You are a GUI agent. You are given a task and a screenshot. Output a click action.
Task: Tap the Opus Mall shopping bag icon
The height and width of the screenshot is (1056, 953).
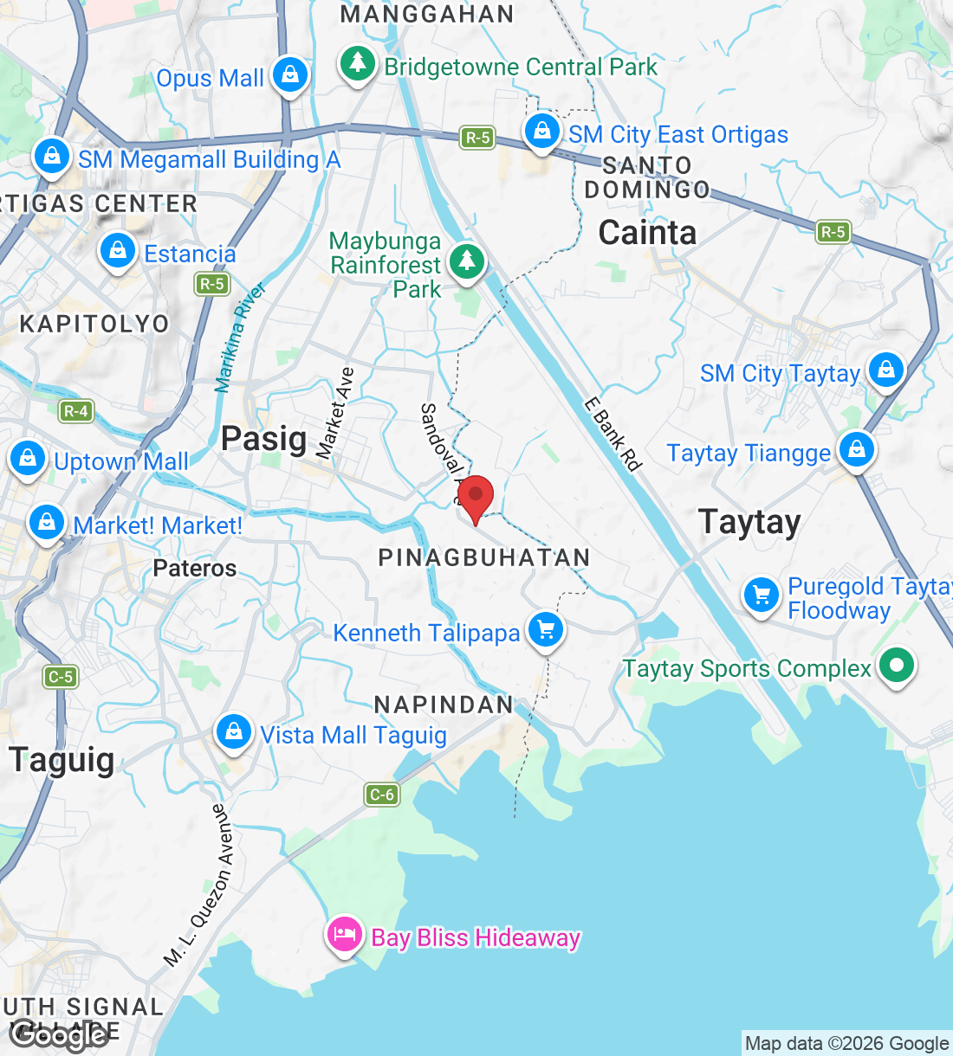click(290, 75)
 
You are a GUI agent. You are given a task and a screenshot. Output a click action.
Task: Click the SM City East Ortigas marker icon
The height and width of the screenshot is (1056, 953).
click(542, 132)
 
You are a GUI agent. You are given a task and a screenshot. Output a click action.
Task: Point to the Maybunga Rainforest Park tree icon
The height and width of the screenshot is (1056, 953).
click(467, 261)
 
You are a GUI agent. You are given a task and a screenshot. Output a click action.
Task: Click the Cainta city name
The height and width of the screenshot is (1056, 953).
click(647, 233)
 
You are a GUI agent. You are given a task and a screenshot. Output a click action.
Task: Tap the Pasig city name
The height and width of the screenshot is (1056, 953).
click(263, 438)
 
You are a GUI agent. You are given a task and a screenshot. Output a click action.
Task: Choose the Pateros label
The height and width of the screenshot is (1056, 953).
click(194, 568)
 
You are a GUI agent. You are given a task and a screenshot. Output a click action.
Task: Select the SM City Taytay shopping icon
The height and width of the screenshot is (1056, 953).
click(885, 370)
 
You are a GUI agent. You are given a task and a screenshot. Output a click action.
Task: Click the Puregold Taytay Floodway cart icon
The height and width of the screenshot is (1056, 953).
click(762, 596)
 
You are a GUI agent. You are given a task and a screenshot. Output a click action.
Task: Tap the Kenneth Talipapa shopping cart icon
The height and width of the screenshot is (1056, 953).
click(546, 629)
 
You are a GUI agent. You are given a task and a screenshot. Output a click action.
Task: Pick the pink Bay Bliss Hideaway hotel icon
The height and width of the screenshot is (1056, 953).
click(344, 936)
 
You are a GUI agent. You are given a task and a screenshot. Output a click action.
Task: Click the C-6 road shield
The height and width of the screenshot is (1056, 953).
click(382, 794)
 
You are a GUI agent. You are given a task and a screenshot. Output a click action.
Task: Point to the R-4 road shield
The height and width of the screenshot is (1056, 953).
click(76, 411)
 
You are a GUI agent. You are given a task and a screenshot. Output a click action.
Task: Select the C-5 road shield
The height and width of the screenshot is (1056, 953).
click(61, 676)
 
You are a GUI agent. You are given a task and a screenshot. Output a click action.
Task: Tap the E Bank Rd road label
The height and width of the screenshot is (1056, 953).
click(613, 434)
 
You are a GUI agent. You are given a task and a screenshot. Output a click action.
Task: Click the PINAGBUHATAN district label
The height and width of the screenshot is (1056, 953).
click(484, 557)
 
